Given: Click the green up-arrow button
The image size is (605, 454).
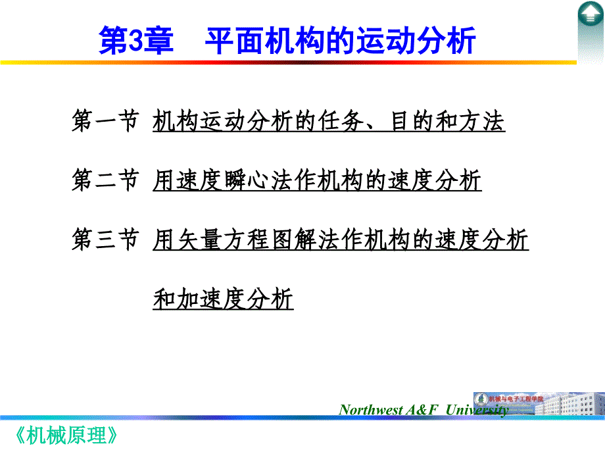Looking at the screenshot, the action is coord(591,14).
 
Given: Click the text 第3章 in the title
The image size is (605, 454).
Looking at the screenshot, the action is coord(136,41).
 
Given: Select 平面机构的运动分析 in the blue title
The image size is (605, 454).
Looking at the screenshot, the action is coord(340,41).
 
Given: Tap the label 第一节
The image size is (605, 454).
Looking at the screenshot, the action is coord(105,120).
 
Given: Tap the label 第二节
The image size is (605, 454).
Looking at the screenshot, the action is coord(105,180).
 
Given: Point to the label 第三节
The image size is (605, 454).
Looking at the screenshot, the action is coord(105,240).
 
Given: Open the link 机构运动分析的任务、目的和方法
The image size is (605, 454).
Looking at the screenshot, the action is coord(329,121).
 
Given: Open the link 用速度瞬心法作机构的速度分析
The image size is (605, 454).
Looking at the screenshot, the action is coord(317,180).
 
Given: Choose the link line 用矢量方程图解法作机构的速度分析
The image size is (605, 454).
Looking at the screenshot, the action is coord(341,240).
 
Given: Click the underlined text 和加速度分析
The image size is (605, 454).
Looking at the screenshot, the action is coord(223,299).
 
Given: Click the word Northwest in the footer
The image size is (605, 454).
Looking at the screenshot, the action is coord(371,410).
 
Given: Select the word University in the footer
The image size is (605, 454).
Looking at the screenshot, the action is coord(477,410).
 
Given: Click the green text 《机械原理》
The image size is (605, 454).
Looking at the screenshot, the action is coord(66,436).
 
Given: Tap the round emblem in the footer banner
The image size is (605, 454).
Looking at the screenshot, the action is coord(481,399).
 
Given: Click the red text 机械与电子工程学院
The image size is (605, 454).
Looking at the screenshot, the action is coord(516,399).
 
